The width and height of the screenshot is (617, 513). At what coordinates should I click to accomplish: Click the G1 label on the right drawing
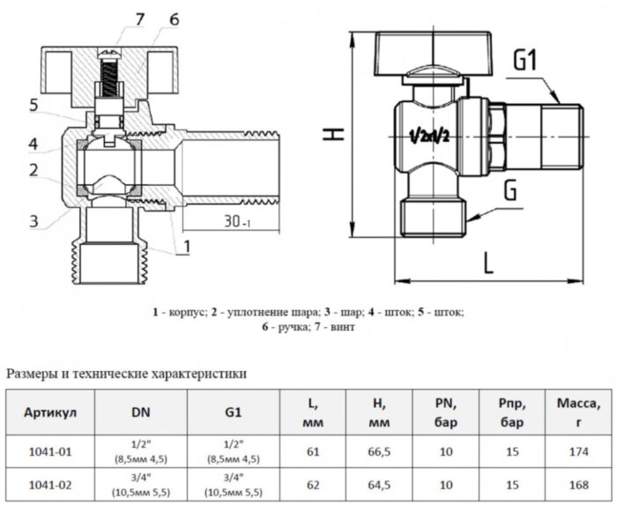[525, 62]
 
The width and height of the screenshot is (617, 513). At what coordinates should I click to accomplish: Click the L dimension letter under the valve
[488, 262]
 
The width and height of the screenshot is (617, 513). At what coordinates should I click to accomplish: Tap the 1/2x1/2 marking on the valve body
[430, 137]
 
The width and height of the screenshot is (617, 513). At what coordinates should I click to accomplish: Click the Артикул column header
[50, 413]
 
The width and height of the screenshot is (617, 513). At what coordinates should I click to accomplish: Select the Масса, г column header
[577, 413]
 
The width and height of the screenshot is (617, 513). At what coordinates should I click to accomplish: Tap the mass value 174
[577, 451]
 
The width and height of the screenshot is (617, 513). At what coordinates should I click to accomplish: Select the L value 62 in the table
[312, 484]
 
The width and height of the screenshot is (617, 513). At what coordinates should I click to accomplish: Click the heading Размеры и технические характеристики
[126, 374]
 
